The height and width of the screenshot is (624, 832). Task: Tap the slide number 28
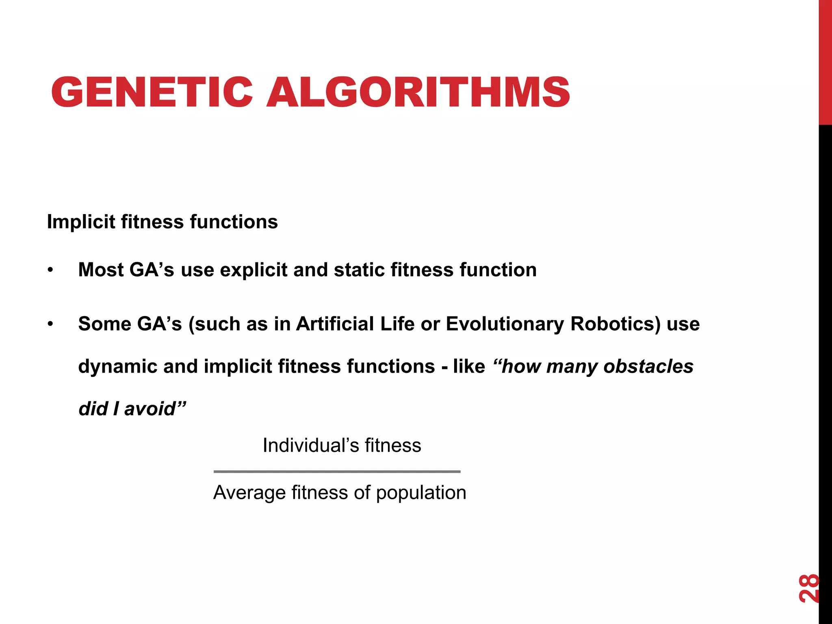pyautogui.click(x=808, y=588)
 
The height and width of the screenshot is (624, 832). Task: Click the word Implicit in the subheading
pyautogui.click(x=81, y=222)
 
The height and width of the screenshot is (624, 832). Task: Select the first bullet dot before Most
pyautogui.click(x=50, y=270)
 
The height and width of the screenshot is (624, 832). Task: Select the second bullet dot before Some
pyautogui.click(x=50, y=324)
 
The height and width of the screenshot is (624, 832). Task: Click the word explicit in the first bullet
pyautogui.click(x=253, y=270)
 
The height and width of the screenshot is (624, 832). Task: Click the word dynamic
pyautogui.click(x=117, y=366)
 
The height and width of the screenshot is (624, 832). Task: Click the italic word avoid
pyautogui.click(x=150, y=409)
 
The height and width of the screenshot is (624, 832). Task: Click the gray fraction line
pyautogui.click(x=337, y=472)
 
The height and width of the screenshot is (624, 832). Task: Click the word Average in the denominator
pyautogui.click(x=249, y=493)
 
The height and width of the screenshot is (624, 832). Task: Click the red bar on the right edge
pyautogui.click(x=825, y=61)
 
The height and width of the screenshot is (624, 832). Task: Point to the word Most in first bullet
pyautogui.click(x=100, y=270)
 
